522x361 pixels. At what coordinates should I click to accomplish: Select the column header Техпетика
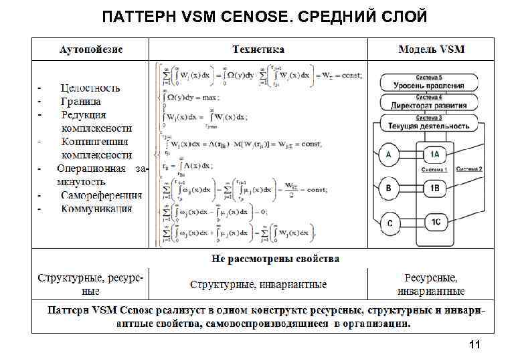click(x=258, y=49)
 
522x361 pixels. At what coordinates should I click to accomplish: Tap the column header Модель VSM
click(x=431, y=49)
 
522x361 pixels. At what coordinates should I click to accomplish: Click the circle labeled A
click(x=389, y=156)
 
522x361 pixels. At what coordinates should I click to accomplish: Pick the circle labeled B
click(x=389, y=189)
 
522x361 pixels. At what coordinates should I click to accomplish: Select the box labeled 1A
click(x=434, y=156)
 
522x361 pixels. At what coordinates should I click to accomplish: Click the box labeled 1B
click(x=434, y=189)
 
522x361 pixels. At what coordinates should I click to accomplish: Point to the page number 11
click(x=475, y=345)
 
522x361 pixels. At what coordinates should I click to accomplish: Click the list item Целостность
click(x=90, y=88)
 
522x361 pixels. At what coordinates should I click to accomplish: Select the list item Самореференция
click(x=101, y=195)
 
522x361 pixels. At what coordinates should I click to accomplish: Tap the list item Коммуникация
click(x=96, y=209)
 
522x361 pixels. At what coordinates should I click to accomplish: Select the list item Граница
click(x=81, y=101)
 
